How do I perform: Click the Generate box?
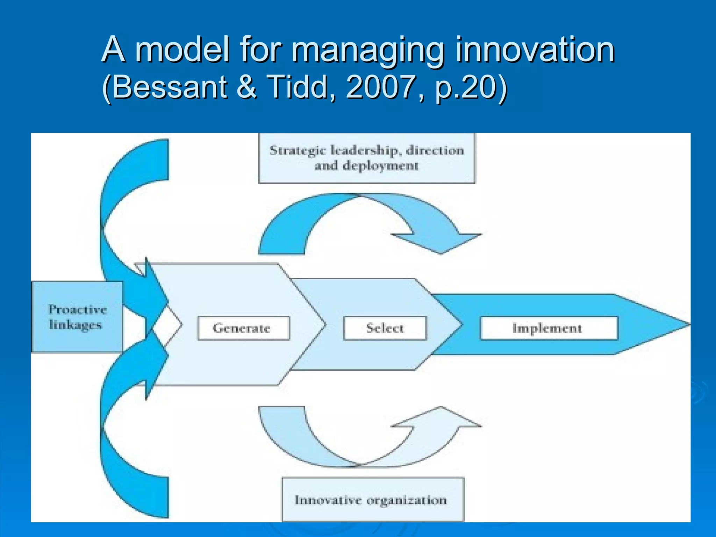pyautogui.click(x=243, y=328)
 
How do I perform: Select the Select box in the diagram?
pyautogui.click(x=385, y=328)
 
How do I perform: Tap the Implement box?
pyautogui.click(x=549, y=328)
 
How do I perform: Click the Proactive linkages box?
pyautogui.click(x=77, y=317)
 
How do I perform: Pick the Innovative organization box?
pyautogui.click(x=373, y=500)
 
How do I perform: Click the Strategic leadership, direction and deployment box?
pyautogui.click(x=367, y=158)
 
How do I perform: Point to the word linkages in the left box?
pyautogui.click(x=76, y=325)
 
